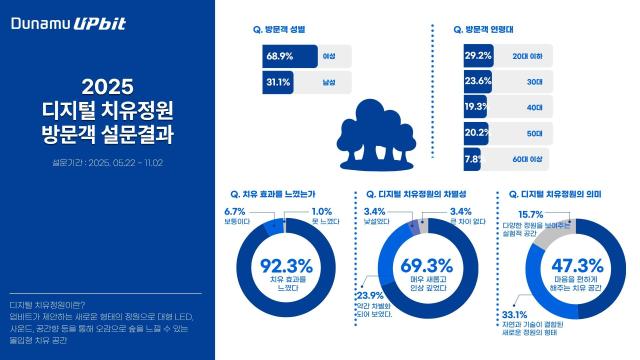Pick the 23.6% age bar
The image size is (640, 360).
(479, 82)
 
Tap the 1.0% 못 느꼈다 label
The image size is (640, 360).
(322, 216)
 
